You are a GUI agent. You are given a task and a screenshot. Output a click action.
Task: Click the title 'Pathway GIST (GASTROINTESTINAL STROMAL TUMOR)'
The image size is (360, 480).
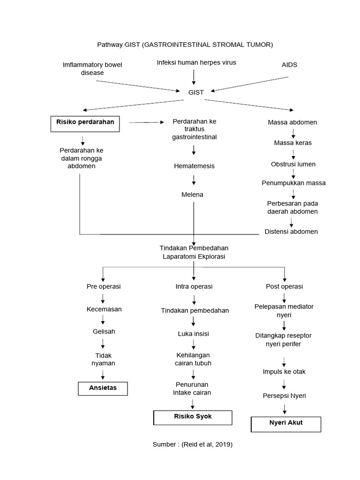click(185, 45)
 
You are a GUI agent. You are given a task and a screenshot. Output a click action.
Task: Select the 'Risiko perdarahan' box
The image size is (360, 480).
click(84, 123)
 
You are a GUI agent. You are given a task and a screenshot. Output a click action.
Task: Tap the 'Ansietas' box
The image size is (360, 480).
click(103, 388)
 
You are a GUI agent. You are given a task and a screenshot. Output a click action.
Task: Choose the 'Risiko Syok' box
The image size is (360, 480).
click(193, 417)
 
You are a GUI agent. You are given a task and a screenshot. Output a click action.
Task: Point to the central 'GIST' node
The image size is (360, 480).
click(196, 92)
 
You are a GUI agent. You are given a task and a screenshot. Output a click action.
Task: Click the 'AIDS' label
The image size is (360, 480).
click(290, 65)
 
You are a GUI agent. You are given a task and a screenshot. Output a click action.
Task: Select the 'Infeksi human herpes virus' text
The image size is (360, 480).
click(196, 62)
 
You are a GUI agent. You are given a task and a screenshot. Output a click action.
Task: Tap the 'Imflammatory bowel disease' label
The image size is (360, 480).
click(92, 69)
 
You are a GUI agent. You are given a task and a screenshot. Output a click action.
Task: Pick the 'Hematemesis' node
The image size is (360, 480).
click(194, 166)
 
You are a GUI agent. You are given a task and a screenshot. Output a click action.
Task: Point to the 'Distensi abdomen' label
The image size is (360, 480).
click(291, 232)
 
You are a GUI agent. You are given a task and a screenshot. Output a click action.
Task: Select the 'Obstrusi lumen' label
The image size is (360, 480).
click(293, 164)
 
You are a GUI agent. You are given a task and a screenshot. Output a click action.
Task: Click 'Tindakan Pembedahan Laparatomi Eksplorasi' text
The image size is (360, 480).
click(194, 252)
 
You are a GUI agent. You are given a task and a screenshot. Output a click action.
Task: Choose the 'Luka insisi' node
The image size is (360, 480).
click(194, 334)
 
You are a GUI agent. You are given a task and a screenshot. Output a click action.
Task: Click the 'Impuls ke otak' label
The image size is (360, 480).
click(284, 372)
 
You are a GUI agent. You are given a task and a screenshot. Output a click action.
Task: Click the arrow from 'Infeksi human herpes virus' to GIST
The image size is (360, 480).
click(194, 76)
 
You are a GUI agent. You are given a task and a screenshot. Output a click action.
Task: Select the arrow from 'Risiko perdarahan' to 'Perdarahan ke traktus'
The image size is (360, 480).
click(147, 122)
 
